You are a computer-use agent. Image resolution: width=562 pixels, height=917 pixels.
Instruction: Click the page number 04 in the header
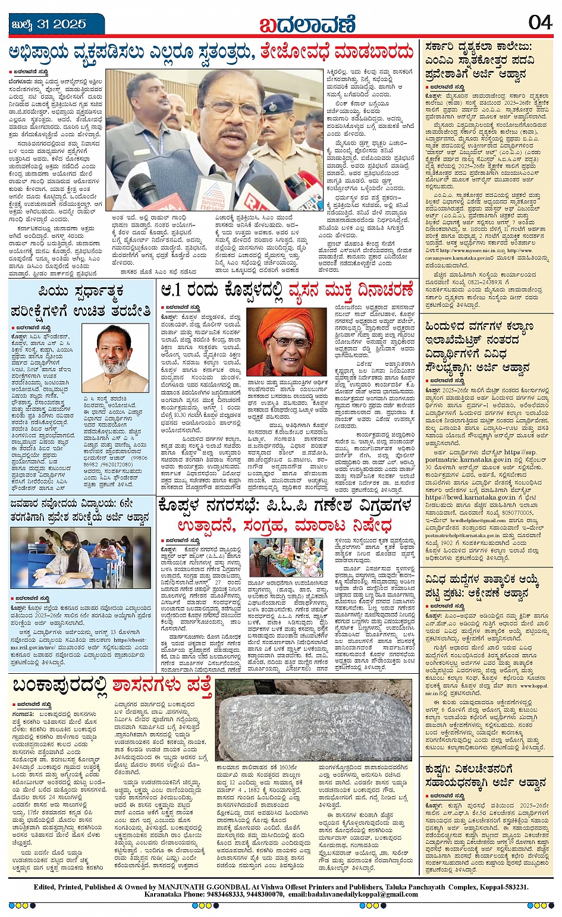pos(539,23)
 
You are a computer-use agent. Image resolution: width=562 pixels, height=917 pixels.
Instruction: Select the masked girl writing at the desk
pos(65,557)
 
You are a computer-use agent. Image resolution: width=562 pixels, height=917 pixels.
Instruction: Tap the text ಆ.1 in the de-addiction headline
pos(174,291)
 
